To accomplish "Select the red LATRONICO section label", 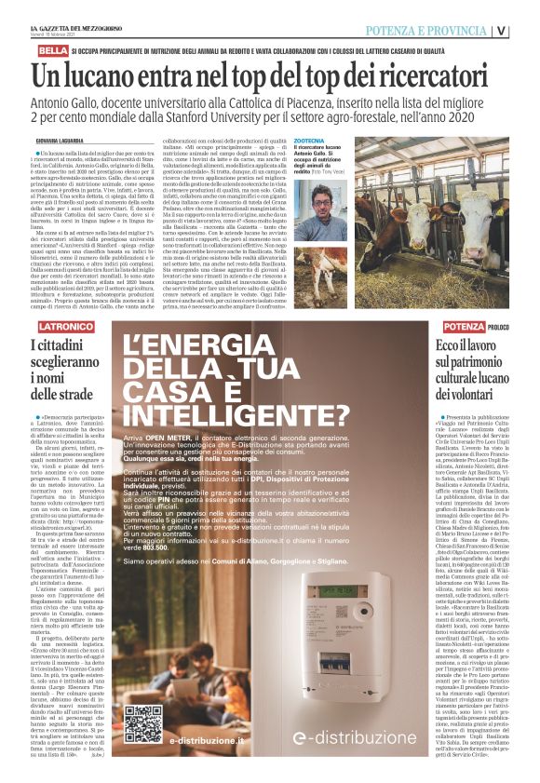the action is point(66,327).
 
